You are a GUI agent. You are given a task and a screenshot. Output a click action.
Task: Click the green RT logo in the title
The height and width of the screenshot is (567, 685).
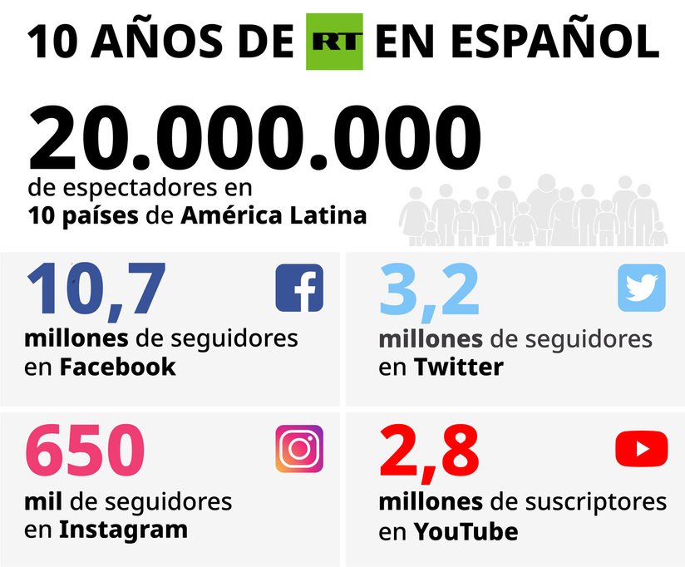click(335, 42)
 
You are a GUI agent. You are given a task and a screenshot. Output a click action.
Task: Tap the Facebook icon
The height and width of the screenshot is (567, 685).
click(299, 288)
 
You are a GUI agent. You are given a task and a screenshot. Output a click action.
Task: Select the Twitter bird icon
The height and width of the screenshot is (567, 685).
click(641, 288)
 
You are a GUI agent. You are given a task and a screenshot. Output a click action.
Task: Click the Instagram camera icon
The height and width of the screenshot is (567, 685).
click(299, 449)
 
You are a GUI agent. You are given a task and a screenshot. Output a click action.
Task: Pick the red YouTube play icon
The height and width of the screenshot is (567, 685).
click(641, 449)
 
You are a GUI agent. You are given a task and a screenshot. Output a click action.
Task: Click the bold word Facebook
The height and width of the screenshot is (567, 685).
click(117, 367)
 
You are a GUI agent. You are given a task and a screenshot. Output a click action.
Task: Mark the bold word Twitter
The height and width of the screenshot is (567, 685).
click(459, 367)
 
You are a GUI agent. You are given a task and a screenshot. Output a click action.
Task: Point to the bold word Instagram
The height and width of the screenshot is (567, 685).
click(123, 530)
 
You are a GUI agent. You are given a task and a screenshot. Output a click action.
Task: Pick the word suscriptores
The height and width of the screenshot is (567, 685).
click(596, 502)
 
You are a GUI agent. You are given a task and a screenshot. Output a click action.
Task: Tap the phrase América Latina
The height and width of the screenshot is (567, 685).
click(274, 216)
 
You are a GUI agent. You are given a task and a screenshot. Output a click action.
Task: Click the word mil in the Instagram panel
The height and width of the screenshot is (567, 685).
click(40, 502)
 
